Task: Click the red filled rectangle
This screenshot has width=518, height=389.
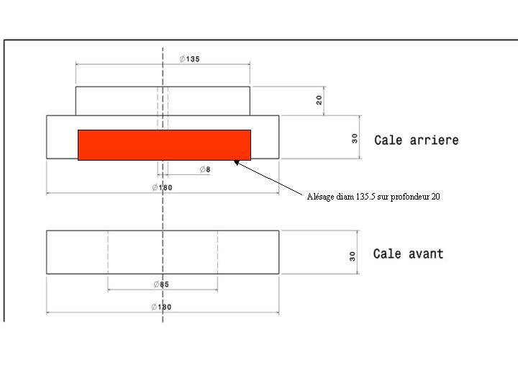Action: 164,145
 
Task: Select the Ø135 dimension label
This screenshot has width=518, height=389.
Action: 190,59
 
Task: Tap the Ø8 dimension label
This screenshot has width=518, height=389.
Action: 205,169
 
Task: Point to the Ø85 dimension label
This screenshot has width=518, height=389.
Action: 161,284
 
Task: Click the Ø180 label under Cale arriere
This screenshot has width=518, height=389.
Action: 162,187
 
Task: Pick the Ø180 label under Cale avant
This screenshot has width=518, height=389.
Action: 161,307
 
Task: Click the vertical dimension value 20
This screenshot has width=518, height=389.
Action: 319,100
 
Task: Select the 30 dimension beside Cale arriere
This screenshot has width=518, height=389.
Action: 355,138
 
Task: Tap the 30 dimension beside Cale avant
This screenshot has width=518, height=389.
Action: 352,256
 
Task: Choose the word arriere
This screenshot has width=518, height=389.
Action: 434,140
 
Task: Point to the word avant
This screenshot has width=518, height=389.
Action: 426,254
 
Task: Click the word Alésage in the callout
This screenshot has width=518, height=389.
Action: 320,197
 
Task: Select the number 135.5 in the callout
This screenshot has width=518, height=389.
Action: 365,197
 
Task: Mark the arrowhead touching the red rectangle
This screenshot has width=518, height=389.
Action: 236,162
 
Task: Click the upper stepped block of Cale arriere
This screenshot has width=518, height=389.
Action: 163,101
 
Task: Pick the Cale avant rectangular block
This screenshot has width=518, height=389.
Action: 163,252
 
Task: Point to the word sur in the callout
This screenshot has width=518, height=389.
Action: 383,197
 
